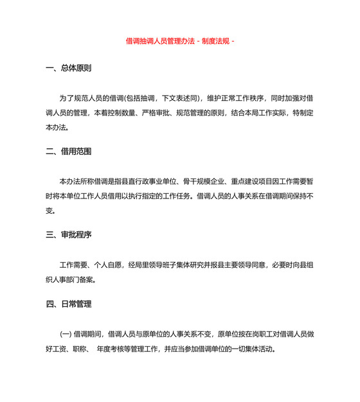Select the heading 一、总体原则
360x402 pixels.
coord(72,69)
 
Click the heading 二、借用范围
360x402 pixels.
coord(72,152)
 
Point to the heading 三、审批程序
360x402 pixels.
coord(72,235)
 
